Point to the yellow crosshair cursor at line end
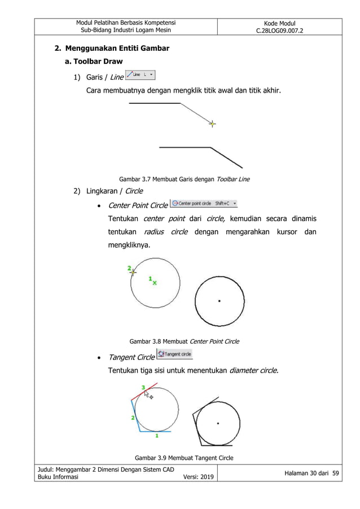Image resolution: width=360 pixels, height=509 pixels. coord(212,124)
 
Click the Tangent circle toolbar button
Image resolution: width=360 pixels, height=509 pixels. coord(175,354)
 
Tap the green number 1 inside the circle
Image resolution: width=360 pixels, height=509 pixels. coord(150,278)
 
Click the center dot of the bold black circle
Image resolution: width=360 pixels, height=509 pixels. coord(219,301)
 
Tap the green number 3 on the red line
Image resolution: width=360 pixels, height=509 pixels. coord(143,387)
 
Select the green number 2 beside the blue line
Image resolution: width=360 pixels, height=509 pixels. coord(132,418)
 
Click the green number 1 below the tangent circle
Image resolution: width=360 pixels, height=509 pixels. coord(156,436)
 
